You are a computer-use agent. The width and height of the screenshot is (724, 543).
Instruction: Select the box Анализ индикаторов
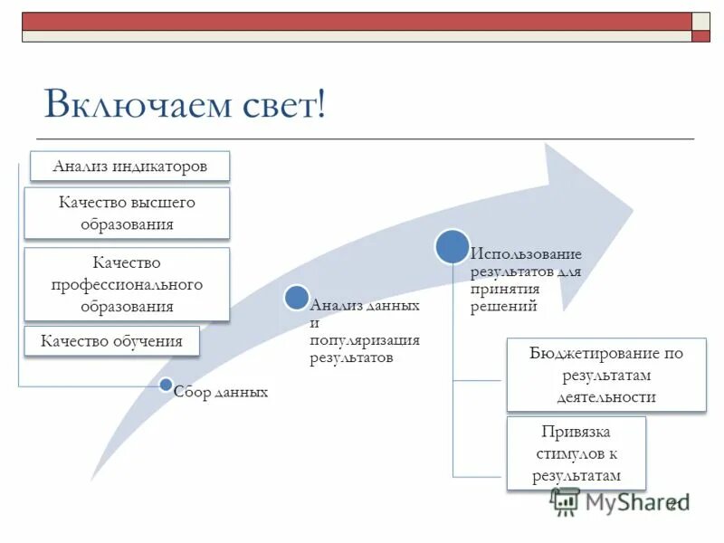pos(129,167)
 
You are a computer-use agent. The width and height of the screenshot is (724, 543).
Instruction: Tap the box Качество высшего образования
pos(127,214)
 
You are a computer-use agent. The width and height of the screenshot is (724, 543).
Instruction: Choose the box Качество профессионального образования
pos(127,284)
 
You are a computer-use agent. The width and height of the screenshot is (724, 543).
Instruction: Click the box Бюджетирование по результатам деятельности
pos(605,375)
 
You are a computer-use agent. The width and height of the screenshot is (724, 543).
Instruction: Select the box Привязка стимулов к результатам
pos(576,453)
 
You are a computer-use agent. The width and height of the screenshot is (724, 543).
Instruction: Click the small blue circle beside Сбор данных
pos(165,386)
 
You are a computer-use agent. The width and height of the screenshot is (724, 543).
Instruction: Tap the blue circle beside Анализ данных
pos(296,297)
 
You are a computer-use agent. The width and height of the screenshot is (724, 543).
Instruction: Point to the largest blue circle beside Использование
pos(452,245)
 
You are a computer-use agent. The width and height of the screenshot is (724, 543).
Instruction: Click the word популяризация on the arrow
pos(364,340)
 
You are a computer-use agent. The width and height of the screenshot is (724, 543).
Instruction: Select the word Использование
pos(525,254)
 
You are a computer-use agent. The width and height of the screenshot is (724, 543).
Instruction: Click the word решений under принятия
pos(503,307)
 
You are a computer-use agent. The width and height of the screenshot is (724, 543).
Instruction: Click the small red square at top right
pos(701,36)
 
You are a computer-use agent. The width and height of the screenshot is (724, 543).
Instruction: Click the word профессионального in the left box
pos(127,284)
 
